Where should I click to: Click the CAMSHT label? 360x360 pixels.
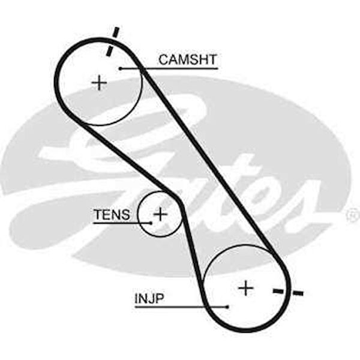pyautogui.click(x=187, y=59)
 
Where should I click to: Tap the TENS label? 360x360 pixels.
pyautogui.click(x=112, y=214)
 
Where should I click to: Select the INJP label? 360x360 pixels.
pyautogui.click(x=149, y=298)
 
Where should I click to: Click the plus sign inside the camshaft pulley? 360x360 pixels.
pyautogui.click(x=99, y=82)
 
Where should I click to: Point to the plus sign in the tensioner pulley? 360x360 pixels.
pyautogui.click(x=160, y=213)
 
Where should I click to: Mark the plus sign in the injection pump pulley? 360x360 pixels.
pyautogui.click(x=245, y=288)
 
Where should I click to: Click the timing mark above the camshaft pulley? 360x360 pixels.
pyautogui.click(x=112, y=41)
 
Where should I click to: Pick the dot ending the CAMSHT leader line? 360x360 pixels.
pyautogui.click(x=121, y=68)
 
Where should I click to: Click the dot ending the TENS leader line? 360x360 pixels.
pyautogui.click(x=151, y=223)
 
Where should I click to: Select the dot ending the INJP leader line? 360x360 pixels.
pyautogui.click(x=228, y=307)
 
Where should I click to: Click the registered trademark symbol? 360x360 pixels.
pyautogui.click(x=353, y=214)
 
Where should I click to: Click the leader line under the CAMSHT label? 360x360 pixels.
pyautogui.click(x=174, y=68)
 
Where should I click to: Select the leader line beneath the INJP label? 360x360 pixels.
pyautogui.click(x=180, y=307)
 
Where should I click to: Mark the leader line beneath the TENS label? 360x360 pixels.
pyautogui.click(x=120, y=223)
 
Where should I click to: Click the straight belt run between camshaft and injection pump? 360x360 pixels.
pyautogui.click(x=210, y=162)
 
